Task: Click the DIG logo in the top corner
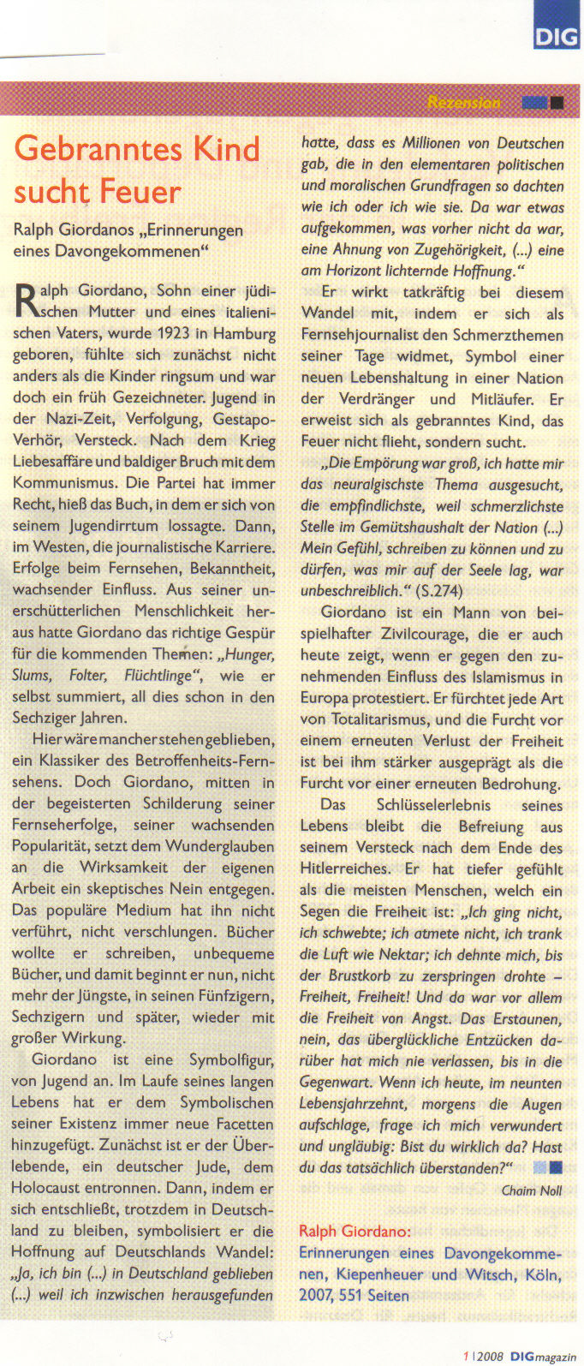(x=557, y=35)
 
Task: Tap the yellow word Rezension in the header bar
(x=463, y=103)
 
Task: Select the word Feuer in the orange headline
(x=140, y=191)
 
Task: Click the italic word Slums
(x=32, y=676)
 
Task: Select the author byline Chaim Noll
(x=532, y=1190)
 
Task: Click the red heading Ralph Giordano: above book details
(x=355, y=1232)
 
